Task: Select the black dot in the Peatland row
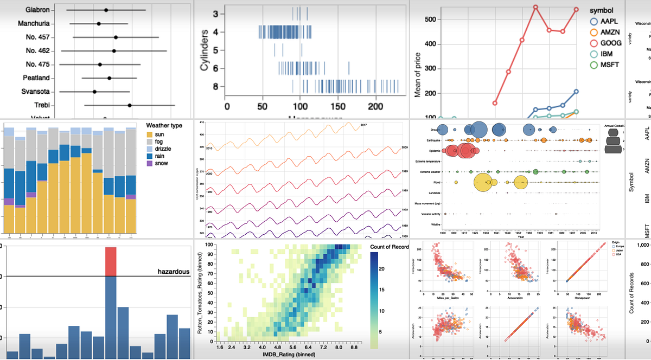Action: pos(110,78)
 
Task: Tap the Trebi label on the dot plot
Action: pos(41,105)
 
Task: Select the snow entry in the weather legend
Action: pos(162,163)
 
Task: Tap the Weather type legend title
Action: pos(164,125)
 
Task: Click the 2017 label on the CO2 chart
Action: pos(364,125)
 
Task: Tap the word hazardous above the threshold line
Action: pos(175,271)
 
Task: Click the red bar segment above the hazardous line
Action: pos(111,261)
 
